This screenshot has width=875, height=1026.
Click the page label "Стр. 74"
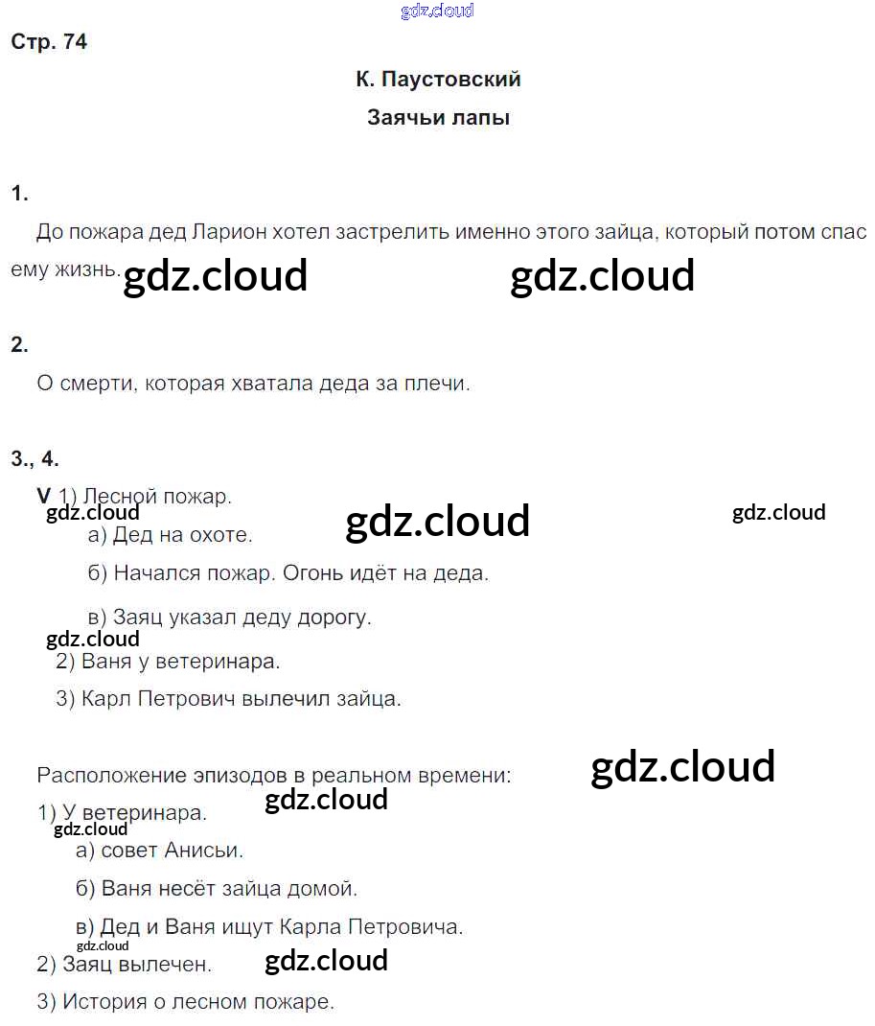coord(49,42)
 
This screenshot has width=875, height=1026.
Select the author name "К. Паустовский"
coord(438,80)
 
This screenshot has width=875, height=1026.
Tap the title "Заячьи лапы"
coord(438,118)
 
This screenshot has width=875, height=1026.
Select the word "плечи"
coord(437,385)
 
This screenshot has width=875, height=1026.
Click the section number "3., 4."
coord(35,458)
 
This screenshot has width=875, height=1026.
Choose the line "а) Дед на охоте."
coord(170,535)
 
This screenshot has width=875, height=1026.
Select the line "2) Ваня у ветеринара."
coord(167,662)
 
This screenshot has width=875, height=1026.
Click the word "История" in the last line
coord(100,1003)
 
